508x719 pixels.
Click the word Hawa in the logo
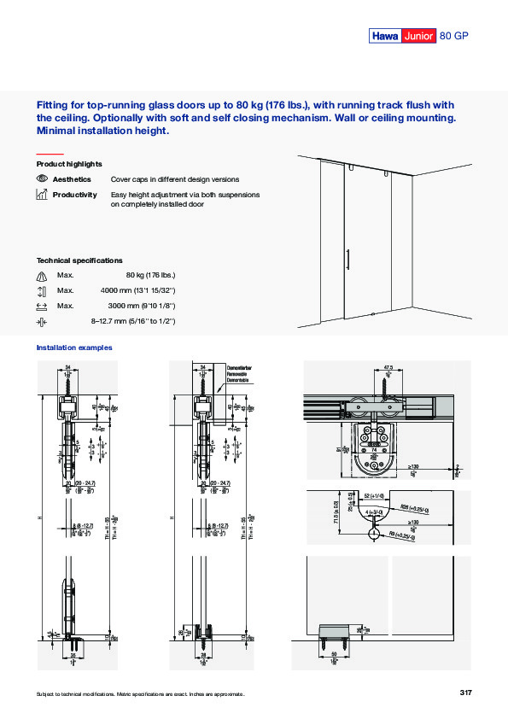point(385,35)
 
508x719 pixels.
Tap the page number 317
point(464,692)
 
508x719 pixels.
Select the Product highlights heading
point(69,163)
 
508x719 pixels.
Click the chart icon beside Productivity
point(42,195)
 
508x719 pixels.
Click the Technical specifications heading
point(79,260)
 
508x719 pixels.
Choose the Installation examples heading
point(74,348)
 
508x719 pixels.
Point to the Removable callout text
point(239,373)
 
